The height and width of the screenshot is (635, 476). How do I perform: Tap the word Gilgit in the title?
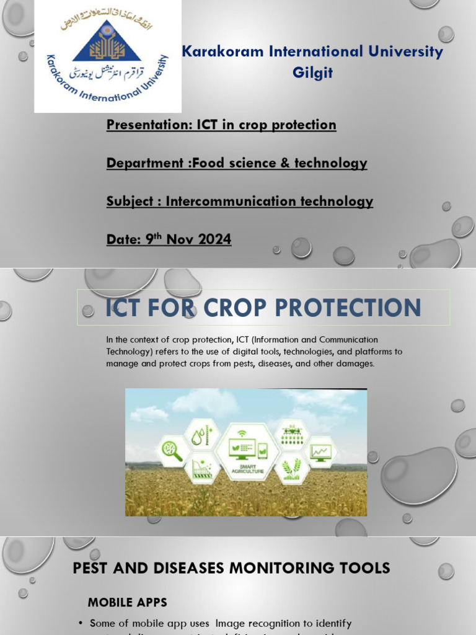click(312, 73)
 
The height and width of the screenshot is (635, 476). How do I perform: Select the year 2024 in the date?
click(214, 239)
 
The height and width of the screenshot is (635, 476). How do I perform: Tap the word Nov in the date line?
click(180, 239)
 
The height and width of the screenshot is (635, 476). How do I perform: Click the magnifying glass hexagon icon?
click(172, 451)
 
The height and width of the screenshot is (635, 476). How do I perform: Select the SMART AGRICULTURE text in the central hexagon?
click(247, 469)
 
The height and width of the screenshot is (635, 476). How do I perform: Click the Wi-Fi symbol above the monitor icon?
click(241, 431)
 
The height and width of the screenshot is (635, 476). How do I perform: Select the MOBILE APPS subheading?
click(127, 602)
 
